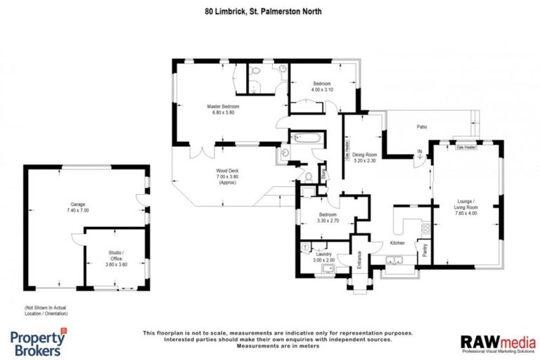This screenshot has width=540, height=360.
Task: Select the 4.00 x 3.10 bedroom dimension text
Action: (322, 90)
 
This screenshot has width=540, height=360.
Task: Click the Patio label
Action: (422, 127)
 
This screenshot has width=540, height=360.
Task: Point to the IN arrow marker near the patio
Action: (419, 155)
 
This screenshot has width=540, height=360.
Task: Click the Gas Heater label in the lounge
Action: (466, 148)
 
